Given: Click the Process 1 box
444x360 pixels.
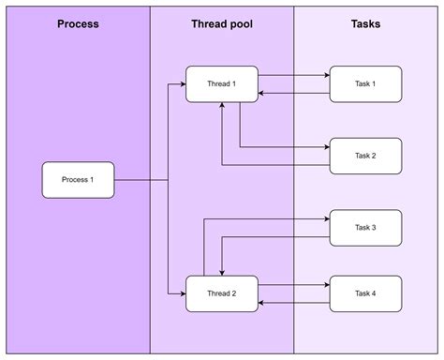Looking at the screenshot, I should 78,179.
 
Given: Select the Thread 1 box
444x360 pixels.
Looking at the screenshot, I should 221,84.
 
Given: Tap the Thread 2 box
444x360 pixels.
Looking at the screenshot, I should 221,293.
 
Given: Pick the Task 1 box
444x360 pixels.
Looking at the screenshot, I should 365,84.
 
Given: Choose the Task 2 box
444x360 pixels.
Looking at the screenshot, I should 365,156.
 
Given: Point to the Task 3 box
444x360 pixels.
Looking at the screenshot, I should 365,228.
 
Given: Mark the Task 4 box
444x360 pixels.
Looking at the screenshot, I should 365,293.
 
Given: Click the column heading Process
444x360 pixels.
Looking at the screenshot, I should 78,23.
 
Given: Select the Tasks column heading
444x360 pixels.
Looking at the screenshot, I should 365,23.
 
